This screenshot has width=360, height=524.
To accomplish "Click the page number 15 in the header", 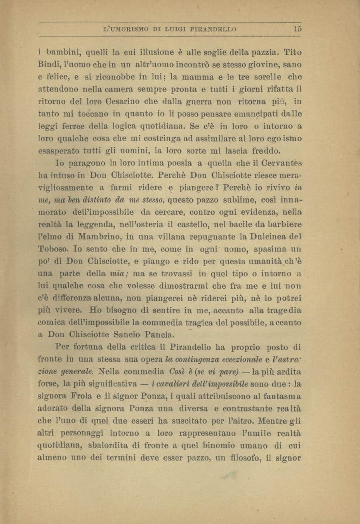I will [298, 29].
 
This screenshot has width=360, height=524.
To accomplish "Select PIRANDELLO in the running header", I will [217, 29].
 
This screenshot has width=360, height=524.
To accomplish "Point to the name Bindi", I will [47, 64].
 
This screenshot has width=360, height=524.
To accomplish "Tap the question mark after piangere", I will [218, 187].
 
